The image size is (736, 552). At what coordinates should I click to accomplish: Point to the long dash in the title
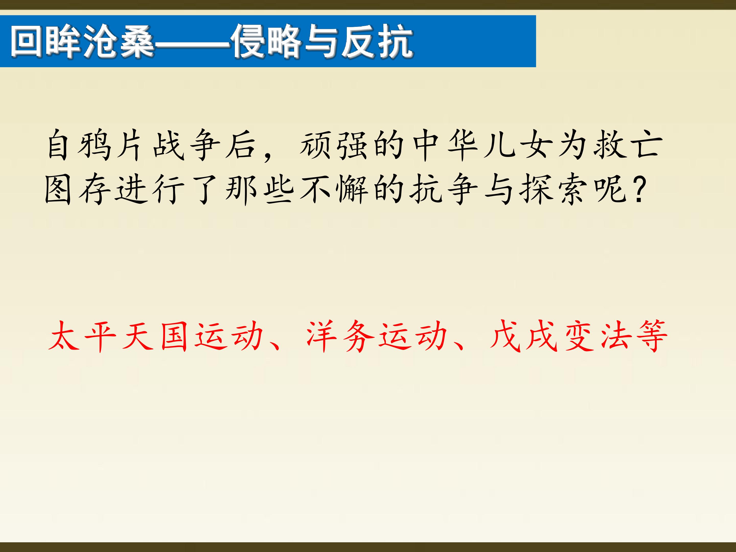[x=192, y=43]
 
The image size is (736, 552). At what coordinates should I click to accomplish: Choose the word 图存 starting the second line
[x=77, y=189]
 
